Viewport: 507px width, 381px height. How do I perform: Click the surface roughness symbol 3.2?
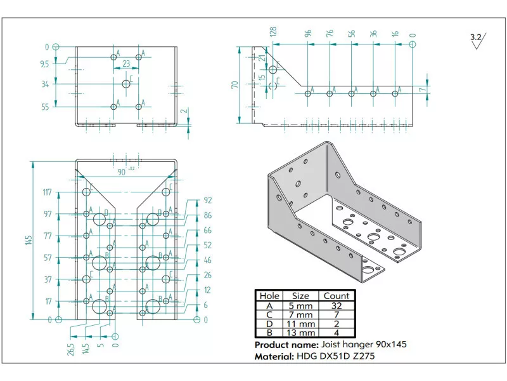(476, 39)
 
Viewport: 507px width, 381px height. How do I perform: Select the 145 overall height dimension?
(29, 240)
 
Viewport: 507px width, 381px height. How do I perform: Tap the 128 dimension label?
(274, 33)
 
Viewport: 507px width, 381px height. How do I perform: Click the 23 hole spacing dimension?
(127, 63)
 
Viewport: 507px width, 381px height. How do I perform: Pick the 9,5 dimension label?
(45, 63)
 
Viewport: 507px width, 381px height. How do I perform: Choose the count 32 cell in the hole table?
(336, 305)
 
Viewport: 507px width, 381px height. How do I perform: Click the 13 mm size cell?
(300, 332)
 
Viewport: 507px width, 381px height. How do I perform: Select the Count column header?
(336, 295)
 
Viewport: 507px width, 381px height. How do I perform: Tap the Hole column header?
(269, 295)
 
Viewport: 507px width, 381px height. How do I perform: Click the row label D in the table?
(269, 323)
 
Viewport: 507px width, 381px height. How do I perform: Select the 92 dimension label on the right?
(207, 200)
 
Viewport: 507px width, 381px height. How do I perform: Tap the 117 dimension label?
(47, 192)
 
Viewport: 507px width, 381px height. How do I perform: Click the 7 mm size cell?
(300, 314)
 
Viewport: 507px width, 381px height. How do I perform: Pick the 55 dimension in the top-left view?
(45, 107)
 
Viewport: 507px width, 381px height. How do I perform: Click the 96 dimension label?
(309, 33)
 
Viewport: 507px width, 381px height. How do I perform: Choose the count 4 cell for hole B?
(336, 332)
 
